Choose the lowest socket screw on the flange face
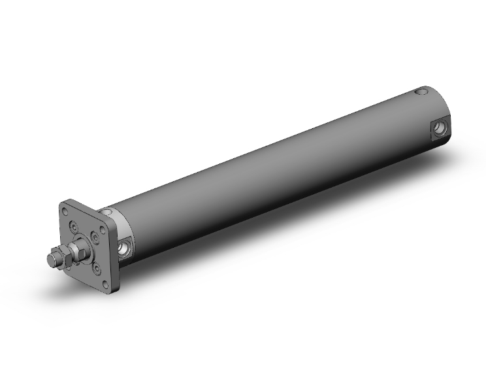(x=96, y=267)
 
